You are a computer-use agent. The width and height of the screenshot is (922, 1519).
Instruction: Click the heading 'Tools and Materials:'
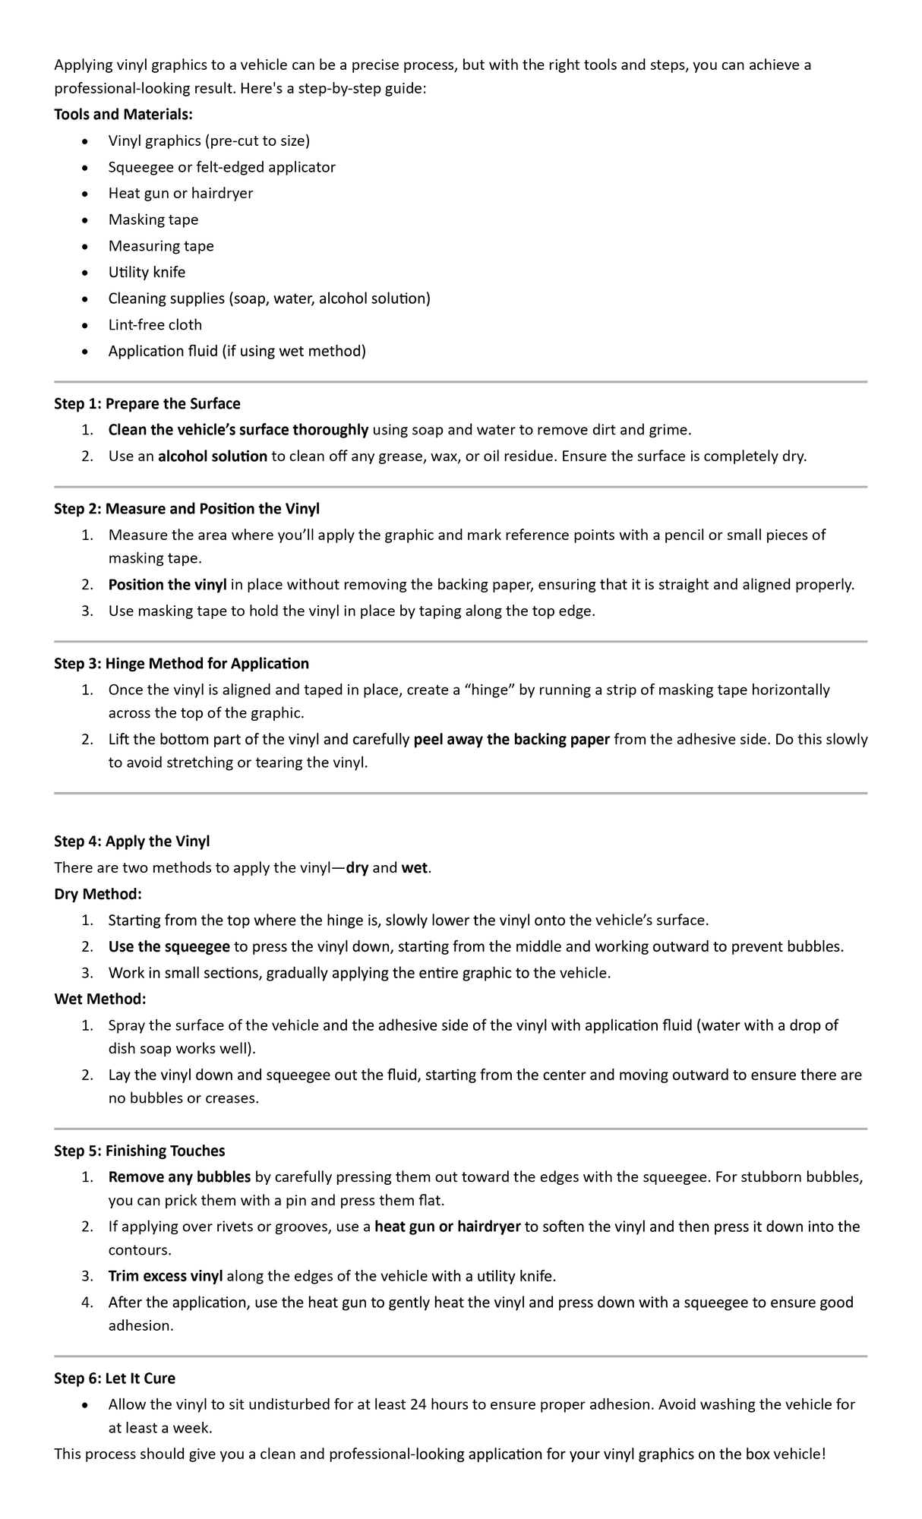tap(123, 114)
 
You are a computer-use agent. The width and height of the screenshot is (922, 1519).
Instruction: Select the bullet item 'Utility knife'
tap(147, 272)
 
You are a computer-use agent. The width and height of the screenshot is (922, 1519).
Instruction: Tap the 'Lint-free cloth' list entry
tap(155, 324)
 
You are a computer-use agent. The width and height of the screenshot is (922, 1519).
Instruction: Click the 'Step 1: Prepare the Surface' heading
tap(147, 403)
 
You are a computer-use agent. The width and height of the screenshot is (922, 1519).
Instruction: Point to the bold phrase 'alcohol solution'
tap(212, 456)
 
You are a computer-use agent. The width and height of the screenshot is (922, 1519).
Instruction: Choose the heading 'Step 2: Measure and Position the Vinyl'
tap(187, 508)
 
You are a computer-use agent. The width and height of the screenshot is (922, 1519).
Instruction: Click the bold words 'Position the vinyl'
tap(167, 584)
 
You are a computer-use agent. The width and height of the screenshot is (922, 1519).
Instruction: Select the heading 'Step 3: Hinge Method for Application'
tap(182, 663)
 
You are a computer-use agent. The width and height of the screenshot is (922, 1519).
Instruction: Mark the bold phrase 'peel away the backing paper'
tap(511, 739)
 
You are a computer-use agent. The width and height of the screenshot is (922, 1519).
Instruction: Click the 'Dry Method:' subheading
tap(98, 894)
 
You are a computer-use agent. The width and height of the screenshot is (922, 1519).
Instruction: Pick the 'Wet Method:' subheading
tap(99, 998)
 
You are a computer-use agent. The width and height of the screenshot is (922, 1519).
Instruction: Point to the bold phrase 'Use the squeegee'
tap(169, 946)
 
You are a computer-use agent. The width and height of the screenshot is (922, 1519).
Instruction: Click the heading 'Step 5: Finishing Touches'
tap(139, 1151)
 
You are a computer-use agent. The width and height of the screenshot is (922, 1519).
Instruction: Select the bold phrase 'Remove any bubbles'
tap(179, 1176)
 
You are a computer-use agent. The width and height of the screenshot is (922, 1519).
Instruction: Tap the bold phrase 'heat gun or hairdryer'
tap(447, 1226)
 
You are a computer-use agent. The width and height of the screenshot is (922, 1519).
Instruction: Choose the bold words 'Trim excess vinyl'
tap(166, 1275)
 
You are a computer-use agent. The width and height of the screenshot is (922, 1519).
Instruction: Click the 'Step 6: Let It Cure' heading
tap(115, 1378)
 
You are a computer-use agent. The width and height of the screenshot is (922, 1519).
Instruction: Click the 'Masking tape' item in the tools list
tap(153, 219)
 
